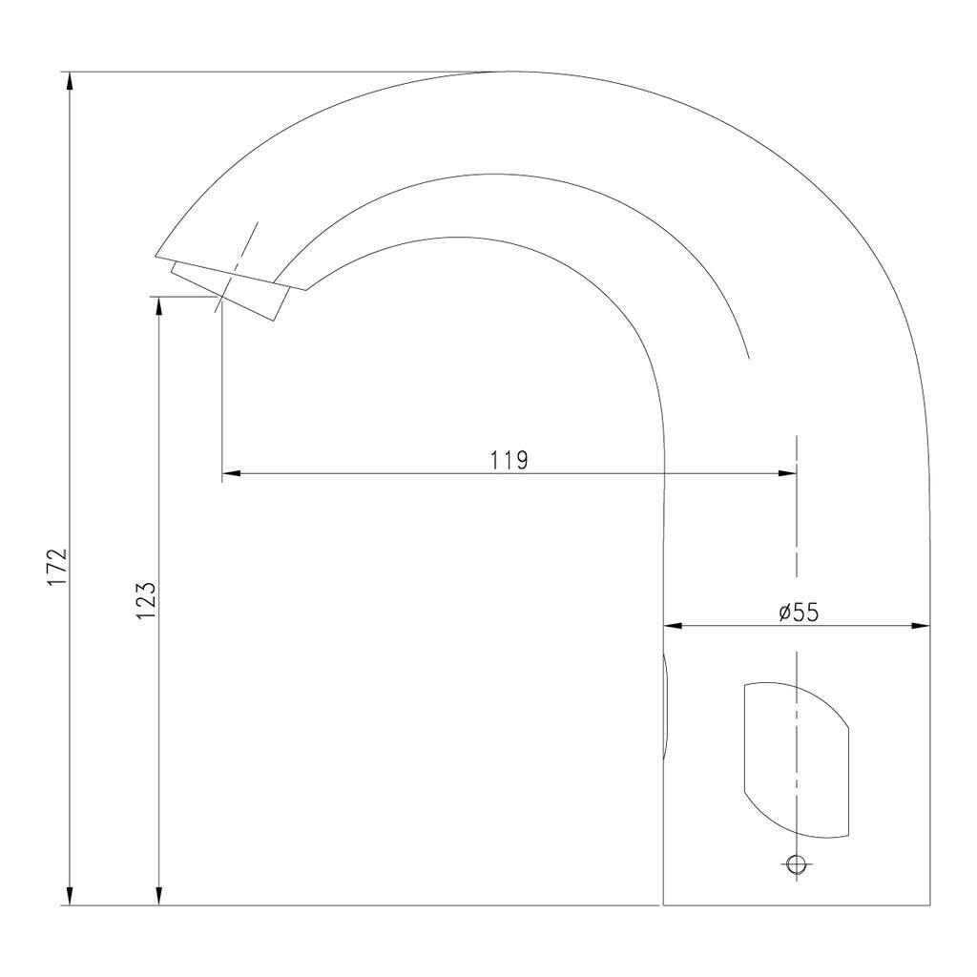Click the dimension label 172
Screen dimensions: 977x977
[56, 567]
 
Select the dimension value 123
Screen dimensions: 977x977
[146, 601]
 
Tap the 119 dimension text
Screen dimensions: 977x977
[509, 461]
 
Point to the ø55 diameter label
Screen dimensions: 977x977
[799, 613]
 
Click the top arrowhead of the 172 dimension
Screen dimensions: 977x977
[70, 81]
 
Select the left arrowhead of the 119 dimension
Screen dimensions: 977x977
[231, 473]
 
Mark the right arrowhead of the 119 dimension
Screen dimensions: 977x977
[787, 473]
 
